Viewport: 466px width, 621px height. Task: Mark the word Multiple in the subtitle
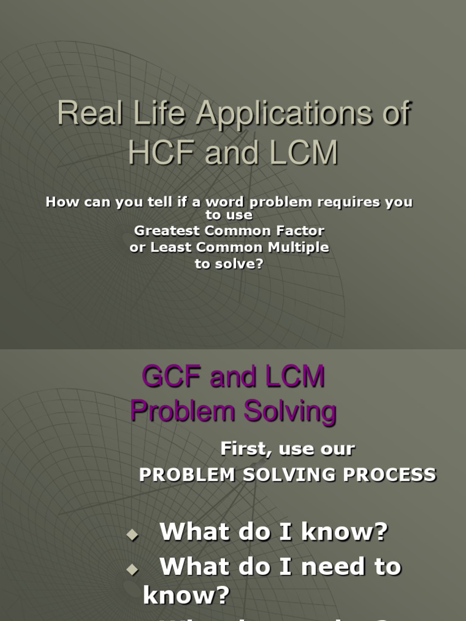coord(299,247)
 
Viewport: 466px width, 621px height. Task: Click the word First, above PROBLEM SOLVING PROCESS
coord(244,449)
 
